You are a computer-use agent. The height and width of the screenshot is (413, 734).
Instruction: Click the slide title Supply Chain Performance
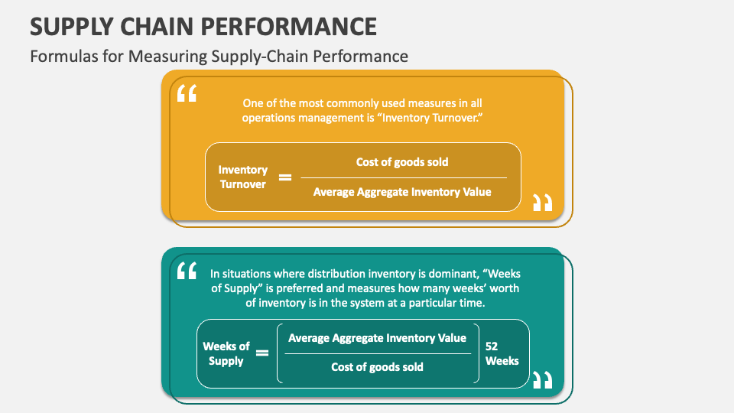pyautogui.click(x=203, y=26)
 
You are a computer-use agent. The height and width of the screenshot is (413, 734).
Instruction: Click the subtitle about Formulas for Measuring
pyautogui.click(x=219, y=56)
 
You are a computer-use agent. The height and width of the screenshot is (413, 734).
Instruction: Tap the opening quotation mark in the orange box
pyautogui.click(x=187, y=94)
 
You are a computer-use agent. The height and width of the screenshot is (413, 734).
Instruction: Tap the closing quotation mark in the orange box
pyautogui.click(x=542, y=203)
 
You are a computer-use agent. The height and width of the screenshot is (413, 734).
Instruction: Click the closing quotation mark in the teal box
pyautogui.click(x=542, y=379)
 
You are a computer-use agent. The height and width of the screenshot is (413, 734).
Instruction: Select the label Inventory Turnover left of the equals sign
pyautogui.click(x=243, y=177)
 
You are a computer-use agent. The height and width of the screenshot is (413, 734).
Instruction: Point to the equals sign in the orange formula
pyautogui.click(x=284, y=177)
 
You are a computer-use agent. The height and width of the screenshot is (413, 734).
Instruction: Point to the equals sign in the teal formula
pyautogui.click(x=262, y=353)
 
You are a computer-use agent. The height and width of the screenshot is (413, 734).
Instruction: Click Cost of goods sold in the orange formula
pyautogui.click(x=402, y=161)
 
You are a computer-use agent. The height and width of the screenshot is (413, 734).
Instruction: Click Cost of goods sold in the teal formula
pyautogui.click(x=377, y=367)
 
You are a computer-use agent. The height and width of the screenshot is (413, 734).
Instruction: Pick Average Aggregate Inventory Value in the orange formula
pyautogui.click(x=402, y=192)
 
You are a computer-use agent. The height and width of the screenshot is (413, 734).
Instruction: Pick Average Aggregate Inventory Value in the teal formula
pyautogui.click(x=377, y=338)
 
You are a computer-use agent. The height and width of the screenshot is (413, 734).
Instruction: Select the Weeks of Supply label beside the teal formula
pyautogui.click(x=226, y=353)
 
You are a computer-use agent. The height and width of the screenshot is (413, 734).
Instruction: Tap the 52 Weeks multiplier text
pyautogui.click(x=502, y=353)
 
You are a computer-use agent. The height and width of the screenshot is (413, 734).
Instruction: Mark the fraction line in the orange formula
pyautogui.click(x=402, y=177)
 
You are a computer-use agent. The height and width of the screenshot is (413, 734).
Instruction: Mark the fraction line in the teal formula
pyautogui.click(x=377, y=353)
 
